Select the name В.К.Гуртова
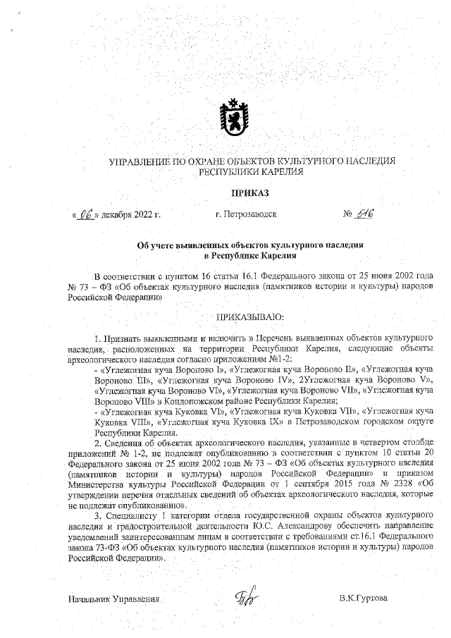(363, 599)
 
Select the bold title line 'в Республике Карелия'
(250, 254)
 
